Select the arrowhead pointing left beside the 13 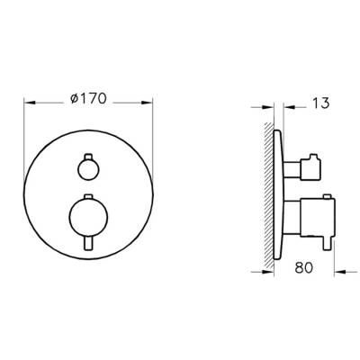point(289,104)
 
